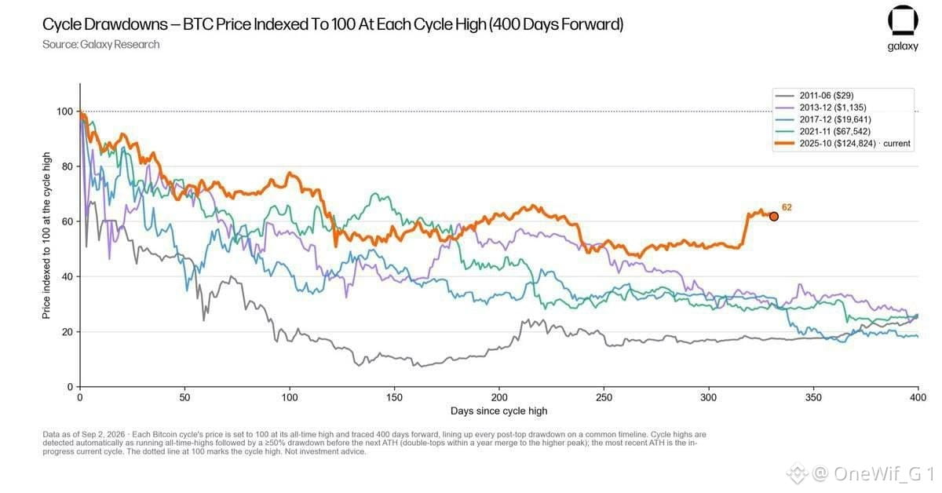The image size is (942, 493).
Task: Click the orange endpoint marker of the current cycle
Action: coord(773,217)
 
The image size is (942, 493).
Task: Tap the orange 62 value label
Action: coord(787,207)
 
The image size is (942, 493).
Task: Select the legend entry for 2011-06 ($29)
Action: coord(815,96)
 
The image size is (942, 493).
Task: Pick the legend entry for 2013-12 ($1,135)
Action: coord(821,108)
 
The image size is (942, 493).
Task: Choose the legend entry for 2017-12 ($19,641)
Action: coord(823,119)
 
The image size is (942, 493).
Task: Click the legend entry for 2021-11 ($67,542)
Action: coord(823,132)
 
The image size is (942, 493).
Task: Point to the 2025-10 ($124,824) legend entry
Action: coord(843,144)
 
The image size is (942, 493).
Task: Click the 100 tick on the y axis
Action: coord(64,111)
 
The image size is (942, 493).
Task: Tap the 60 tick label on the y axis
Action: coord(68,221)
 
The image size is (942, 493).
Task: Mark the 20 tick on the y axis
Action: coord(68,332)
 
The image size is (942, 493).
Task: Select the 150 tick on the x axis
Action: coord(394,397)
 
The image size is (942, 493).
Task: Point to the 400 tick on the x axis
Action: coord(918,397)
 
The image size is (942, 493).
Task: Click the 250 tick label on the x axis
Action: coord(604,397)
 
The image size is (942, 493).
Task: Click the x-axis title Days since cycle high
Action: coord(498,411)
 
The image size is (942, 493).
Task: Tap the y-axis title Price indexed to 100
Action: coord(46,236)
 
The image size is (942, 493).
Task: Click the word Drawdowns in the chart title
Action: coord(126,24)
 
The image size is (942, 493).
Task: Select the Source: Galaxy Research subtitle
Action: coord(101,45)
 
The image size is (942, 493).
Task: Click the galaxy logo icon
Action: coord(903,20)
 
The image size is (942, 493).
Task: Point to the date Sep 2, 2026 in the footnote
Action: coord(104,435)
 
